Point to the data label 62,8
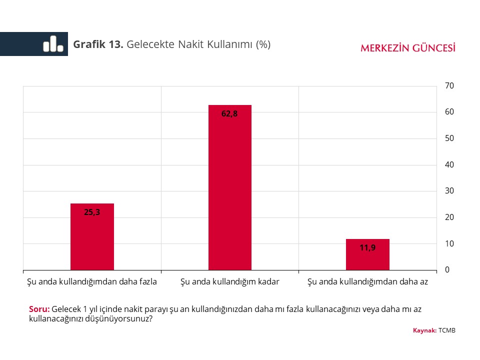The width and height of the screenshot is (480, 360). pos(229,113)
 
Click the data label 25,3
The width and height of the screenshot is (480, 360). pos(92,212)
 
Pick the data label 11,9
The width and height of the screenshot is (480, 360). pos(367,247)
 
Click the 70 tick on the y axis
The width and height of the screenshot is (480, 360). pos(449,86)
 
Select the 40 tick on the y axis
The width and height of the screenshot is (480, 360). pos(449,164)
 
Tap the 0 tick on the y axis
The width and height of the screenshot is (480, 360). pos(447,270)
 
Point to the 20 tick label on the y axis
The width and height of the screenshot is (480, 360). pos(449,217)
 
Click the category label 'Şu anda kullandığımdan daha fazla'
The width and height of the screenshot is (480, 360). pos(92,281)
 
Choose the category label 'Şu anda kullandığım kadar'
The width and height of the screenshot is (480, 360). pos(229,281)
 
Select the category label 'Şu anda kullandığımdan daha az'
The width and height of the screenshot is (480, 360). pos(367,281)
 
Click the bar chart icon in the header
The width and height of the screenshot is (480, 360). pos(53,44)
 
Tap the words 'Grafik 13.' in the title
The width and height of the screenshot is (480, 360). pos(98,44)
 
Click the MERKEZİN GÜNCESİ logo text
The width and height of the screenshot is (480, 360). pos(407,48)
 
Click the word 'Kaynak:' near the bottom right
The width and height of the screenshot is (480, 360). pos(424,330)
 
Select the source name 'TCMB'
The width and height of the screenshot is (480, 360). pos(447,330)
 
